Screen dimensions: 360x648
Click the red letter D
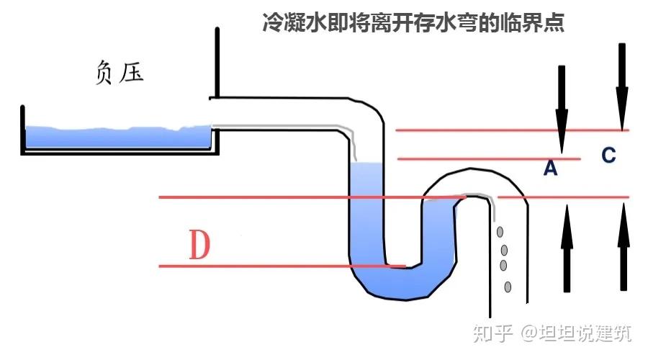(199, 246)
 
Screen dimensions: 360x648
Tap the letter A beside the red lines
(551, 168)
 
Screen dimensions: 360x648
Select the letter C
(608, 156)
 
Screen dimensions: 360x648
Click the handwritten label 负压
(120, 73)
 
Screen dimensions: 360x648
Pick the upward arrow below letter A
(567, 248)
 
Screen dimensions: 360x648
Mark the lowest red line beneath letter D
(281, 266)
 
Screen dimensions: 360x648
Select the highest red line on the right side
(511, 130)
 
